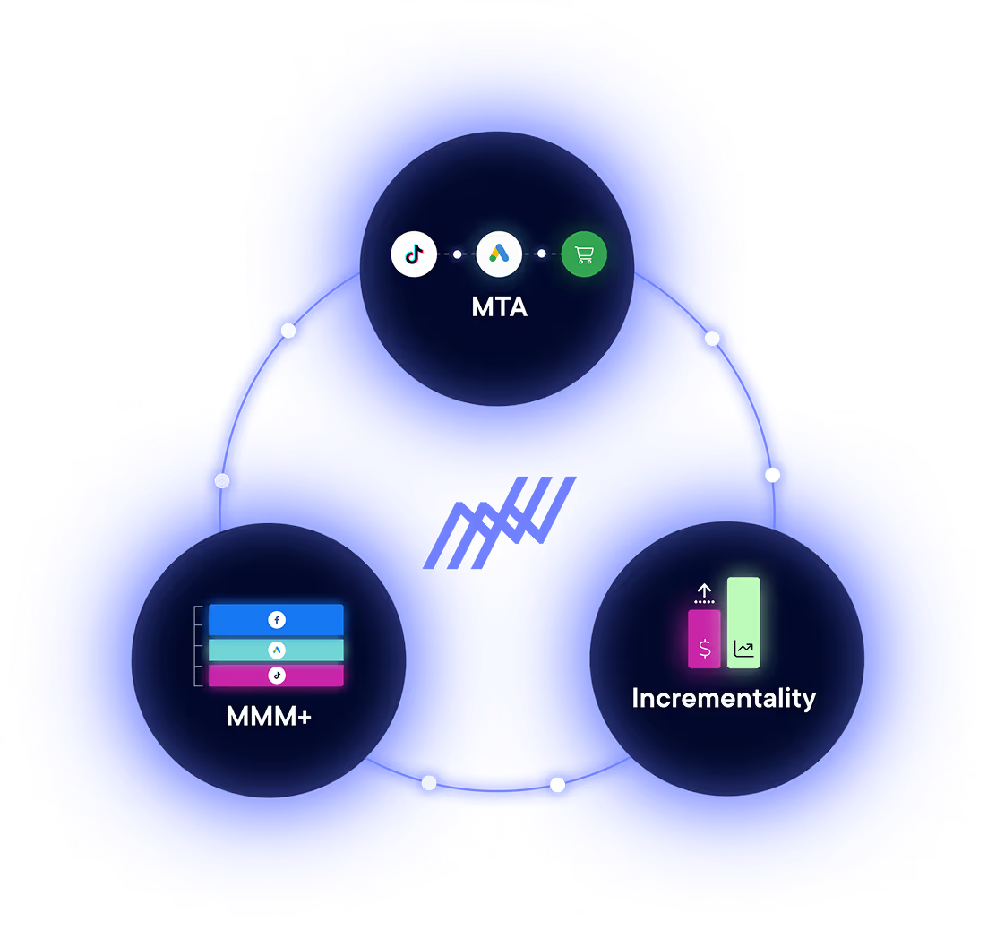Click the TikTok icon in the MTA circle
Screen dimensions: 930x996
[414, 254]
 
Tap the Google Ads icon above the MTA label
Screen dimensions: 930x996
[499, 254]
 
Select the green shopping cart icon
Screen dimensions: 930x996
[584, 255]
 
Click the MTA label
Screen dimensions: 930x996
[499, 307]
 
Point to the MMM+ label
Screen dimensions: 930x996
[269, 717]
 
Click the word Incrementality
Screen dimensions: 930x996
[724, 698]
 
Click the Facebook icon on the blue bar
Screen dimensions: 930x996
[277, 619]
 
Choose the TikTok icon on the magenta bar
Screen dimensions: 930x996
[277, 676]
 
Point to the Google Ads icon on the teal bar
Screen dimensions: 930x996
[277, 650]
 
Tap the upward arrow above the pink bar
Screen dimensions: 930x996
[705, 590]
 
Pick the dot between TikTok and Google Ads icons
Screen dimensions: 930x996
[457, 254]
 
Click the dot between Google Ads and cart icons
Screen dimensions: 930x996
[541, 254]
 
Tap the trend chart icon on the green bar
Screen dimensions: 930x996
[743, 650]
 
